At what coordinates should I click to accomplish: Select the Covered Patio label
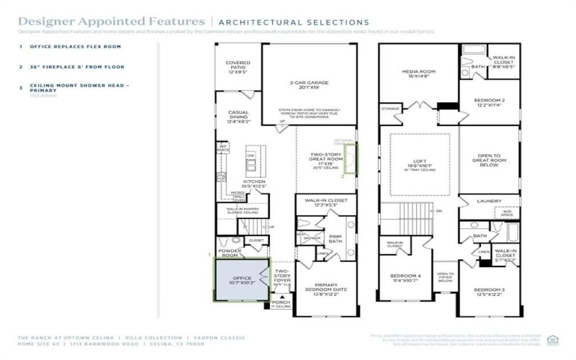click(238, 67)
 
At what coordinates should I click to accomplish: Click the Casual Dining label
click(238, 117)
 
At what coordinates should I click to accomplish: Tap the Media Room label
click(418, 74)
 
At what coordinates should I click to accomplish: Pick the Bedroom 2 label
click(490, 102)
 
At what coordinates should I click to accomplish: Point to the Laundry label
click(490, 202)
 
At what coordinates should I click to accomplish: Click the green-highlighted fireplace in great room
click(351, 159)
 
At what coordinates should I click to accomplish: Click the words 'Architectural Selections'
click(293, 23)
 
